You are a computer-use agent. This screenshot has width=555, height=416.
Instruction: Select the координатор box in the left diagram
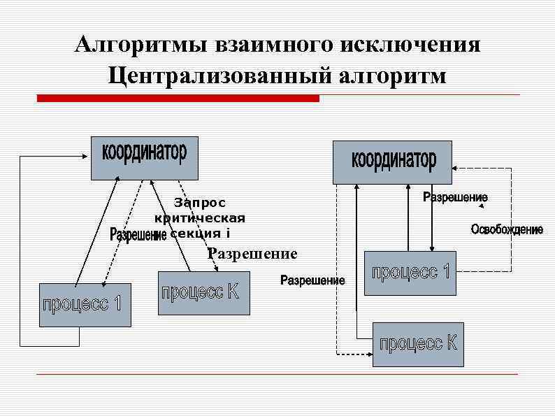tap(145, 157)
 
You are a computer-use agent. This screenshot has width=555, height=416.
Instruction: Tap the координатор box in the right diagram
tap(392, 162)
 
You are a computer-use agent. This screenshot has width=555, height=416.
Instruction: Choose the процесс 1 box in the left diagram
tap(85, 305)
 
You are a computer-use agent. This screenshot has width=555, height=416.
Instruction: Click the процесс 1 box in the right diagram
tap(410, 273)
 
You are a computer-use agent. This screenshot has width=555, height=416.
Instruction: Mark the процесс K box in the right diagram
tap(418, 344)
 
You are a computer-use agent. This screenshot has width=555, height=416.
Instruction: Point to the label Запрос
tap(200, 203)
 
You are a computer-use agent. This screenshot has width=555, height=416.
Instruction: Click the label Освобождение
tap(506, 230)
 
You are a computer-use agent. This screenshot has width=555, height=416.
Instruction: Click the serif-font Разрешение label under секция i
tap(252, 253)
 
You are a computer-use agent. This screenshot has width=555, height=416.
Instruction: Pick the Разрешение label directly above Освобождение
tap(456, 198)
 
